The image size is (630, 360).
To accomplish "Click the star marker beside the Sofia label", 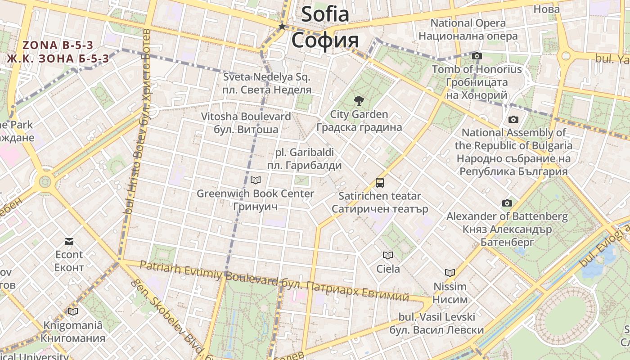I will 282,27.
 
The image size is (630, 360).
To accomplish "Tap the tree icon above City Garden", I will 359,100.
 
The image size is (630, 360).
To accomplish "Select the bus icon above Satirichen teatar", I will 380,182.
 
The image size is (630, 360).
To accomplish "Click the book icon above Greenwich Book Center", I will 255,180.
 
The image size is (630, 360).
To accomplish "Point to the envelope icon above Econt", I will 69,242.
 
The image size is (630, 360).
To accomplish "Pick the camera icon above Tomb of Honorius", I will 477,56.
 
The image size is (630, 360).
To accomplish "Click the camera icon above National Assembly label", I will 513,119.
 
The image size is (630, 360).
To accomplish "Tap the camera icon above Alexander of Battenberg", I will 507,203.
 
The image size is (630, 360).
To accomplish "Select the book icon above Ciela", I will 388,256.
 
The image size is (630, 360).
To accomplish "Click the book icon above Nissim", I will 450,273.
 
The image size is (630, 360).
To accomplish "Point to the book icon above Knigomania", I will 73,311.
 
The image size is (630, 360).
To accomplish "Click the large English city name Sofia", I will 325,14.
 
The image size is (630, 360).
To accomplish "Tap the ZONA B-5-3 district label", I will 58,45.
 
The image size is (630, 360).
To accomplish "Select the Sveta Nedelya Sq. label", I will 267,77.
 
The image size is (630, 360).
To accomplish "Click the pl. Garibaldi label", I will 304,152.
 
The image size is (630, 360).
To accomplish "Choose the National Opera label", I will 468,23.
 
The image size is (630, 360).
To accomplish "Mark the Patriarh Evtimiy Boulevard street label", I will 209,273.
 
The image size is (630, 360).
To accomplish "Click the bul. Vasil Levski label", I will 436,317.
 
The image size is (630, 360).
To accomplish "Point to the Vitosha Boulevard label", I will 246,117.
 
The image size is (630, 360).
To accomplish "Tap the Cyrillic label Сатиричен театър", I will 380,209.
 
